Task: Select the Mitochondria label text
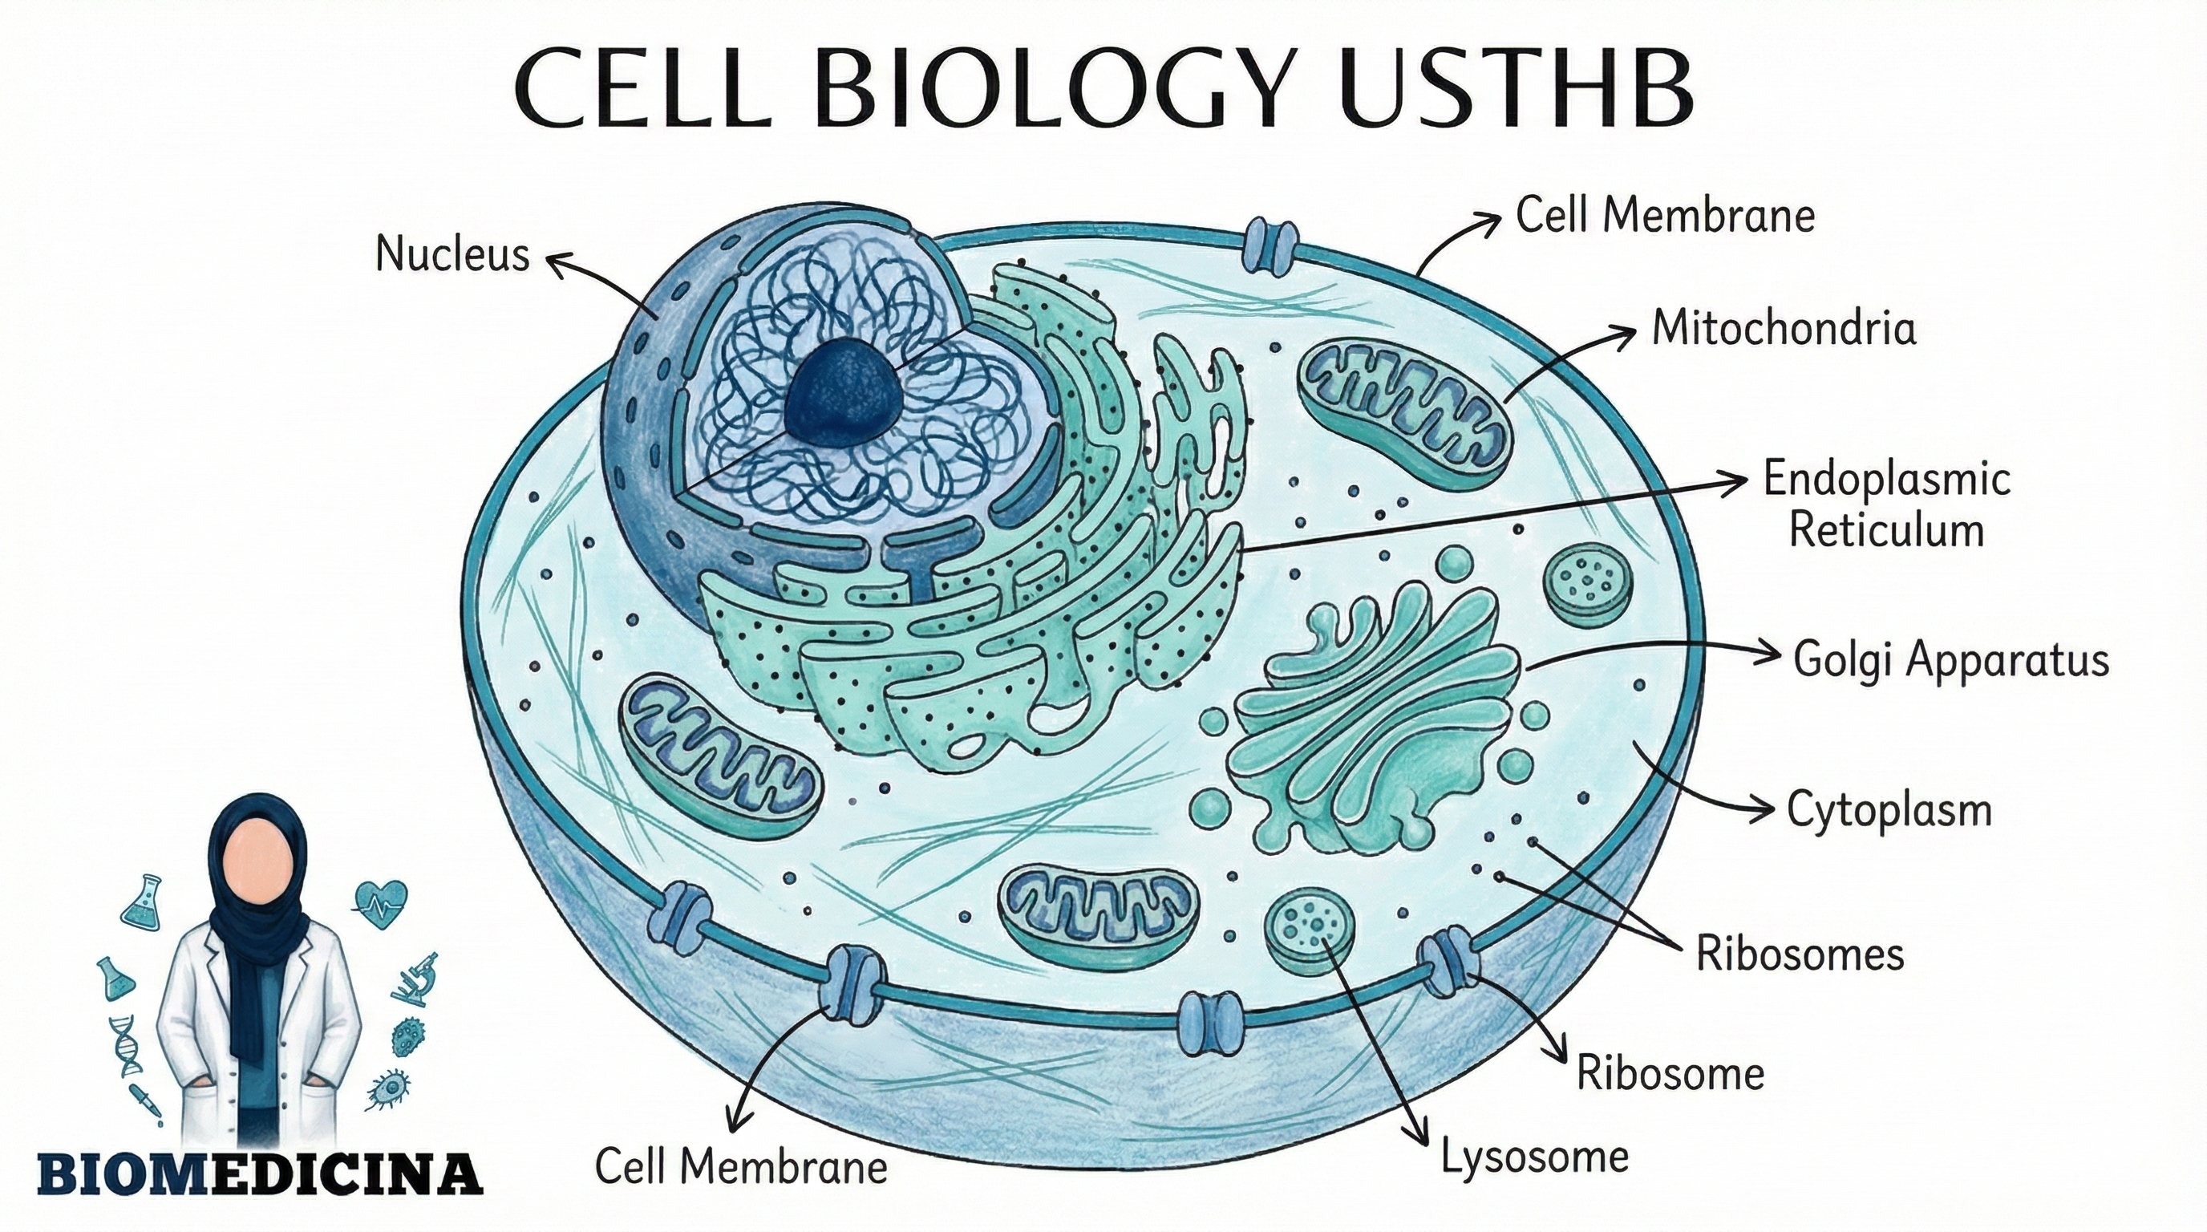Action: click(1784, 328)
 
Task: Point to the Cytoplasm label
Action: click(1889, 809)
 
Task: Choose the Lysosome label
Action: click(1533, 1157)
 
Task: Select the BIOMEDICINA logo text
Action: click(260, 1173)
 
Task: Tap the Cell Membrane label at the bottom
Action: click(741, 1167)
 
